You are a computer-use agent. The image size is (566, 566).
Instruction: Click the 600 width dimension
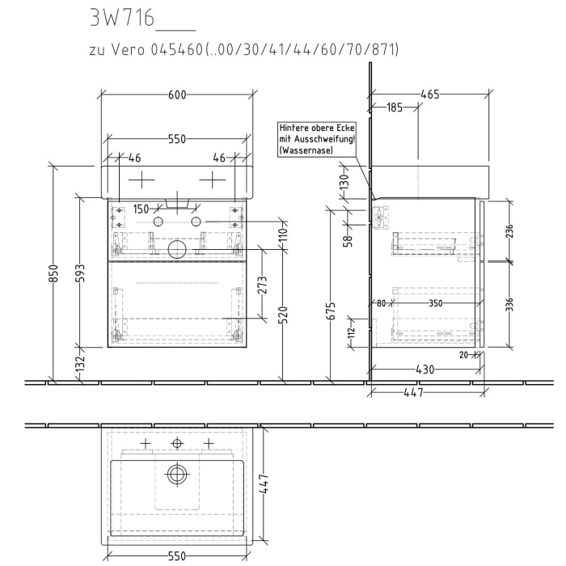[176, 95]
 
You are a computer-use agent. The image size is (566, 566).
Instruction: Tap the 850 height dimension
[53, 275]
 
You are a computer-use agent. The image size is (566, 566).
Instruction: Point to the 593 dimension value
[78, 275]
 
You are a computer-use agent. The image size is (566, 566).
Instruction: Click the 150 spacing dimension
[141, 209]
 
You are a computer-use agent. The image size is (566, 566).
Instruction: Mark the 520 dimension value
[284, 313]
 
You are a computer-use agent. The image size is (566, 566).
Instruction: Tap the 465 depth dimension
[429, 95]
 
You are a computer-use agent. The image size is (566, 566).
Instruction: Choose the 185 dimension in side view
[394, 108]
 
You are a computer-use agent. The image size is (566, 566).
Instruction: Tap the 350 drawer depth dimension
[435, 304]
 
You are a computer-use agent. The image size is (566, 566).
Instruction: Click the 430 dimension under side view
[424, 370]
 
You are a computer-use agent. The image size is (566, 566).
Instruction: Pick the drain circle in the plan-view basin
[177, 475]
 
